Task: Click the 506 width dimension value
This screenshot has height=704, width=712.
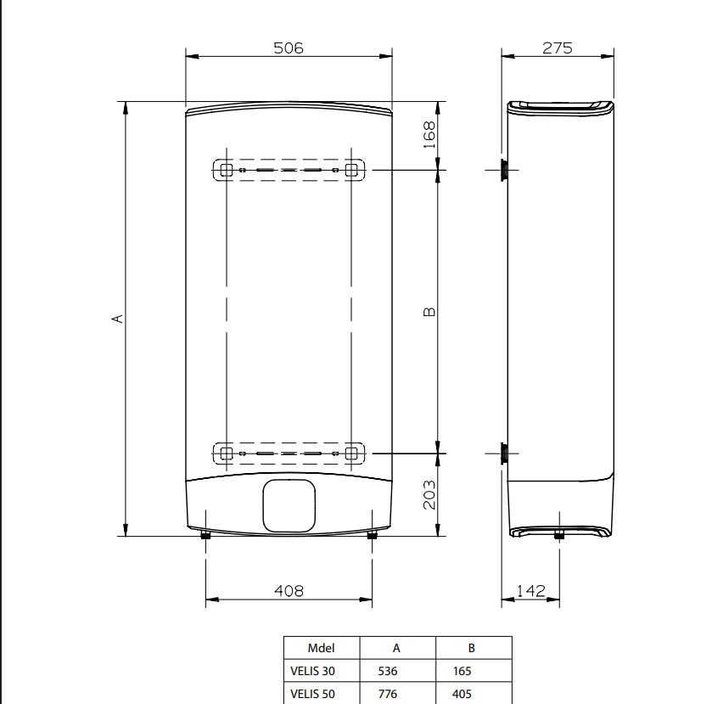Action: point(288,48)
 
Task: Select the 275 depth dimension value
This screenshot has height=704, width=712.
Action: point(558,48)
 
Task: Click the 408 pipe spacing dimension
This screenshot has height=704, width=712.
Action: point(288,590)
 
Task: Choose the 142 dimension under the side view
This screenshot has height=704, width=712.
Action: point(530,590)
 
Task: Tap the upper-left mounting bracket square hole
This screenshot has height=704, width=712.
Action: point(227,171)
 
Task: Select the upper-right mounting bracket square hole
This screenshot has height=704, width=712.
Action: point(351,171)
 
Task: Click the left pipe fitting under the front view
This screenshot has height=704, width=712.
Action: point(205,535)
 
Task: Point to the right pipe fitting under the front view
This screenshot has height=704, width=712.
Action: point(371,535)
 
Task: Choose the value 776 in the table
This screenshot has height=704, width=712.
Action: point(397,693)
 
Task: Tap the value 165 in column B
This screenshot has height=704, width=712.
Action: point(473,671)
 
